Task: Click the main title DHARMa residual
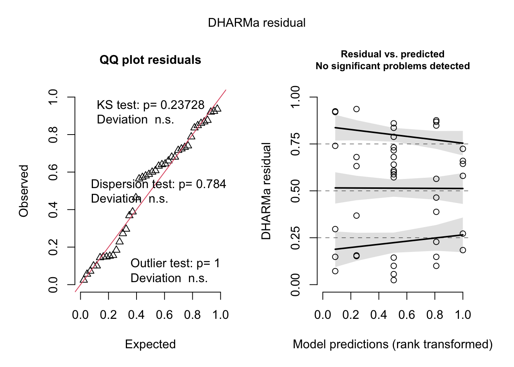tap(257, 23)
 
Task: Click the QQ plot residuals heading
tap(150, 60)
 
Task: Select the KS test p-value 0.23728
tap(182, 105)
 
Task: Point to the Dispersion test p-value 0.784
tap(211, 184)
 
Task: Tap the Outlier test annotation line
tap(175, 263)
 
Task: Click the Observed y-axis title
tap(24, 191)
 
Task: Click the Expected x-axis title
tap(150, 344)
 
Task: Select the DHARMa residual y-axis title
tap(266, 191)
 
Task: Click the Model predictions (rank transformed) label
tap(393, 344)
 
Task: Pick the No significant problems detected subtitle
tap(393, 66)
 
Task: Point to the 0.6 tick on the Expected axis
tap(164, 315)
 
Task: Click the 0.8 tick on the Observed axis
tap(53, 135)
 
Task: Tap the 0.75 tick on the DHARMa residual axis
tap(295, 144)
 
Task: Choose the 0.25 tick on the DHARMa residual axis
tap(295, 238)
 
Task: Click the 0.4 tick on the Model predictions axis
tap(379, 315)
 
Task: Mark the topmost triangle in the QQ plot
tap(218, 108)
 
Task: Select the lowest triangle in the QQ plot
tap(84, 279)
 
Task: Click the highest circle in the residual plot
tap(356, 109)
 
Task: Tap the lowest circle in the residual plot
tap(394, 280)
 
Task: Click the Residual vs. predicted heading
tap(393, 54)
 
